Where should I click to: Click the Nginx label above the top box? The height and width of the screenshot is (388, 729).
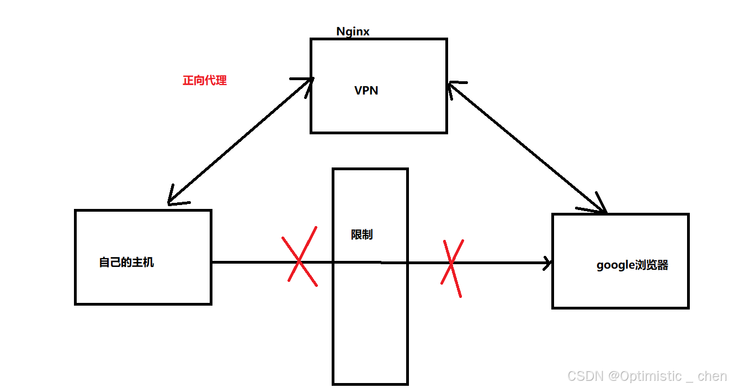(353, 32)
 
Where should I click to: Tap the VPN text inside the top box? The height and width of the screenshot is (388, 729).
(366, 90)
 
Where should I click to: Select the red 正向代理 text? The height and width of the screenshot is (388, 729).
(204, 81)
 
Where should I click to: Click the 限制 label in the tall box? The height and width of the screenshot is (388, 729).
(361, 234)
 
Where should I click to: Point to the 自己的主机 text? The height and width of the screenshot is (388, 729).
(126, 263)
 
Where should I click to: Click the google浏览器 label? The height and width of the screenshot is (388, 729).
(632, 265)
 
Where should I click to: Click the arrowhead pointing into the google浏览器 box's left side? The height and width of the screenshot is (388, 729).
(547, 263)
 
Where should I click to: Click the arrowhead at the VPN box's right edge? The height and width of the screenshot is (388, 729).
(453, 87)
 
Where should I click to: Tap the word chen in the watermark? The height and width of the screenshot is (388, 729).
(712, 376)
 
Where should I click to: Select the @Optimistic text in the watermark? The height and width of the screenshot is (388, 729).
(645, 376)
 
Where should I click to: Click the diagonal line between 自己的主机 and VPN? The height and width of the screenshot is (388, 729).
(240, 141)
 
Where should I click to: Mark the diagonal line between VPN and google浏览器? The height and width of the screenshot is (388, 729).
(527, 146)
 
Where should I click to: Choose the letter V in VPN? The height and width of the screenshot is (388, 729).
(358, 90)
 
